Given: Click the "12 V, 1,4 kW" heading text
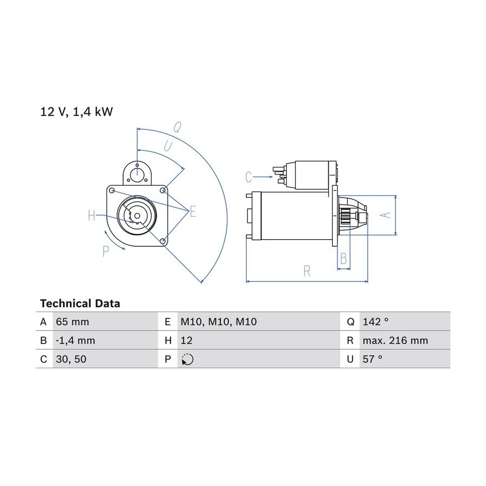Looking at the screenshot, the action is (x=77, y=112).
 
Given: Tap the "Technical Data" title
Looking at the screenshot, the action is (x=80, y=303).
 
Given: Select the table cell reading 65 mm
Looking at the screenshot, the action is (x=72, y=322).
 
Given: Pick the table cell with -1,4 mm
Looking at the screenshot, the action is (x=75, y=341).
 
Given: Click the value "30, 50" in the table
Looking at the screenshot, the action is (x=71, y=359).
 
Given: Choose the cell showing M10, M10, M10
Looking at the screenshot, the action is (x=219, y=322).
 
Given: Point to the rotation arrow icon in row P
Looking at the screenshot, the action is (x=187, y=359).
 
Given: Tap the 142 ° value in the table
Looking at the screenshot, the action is (x=375, y=322).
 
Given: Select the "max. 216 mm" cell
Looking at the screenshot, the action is (x=395, y=341).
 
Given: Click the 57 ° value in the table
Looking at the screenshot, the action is (x=372, y=359).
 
